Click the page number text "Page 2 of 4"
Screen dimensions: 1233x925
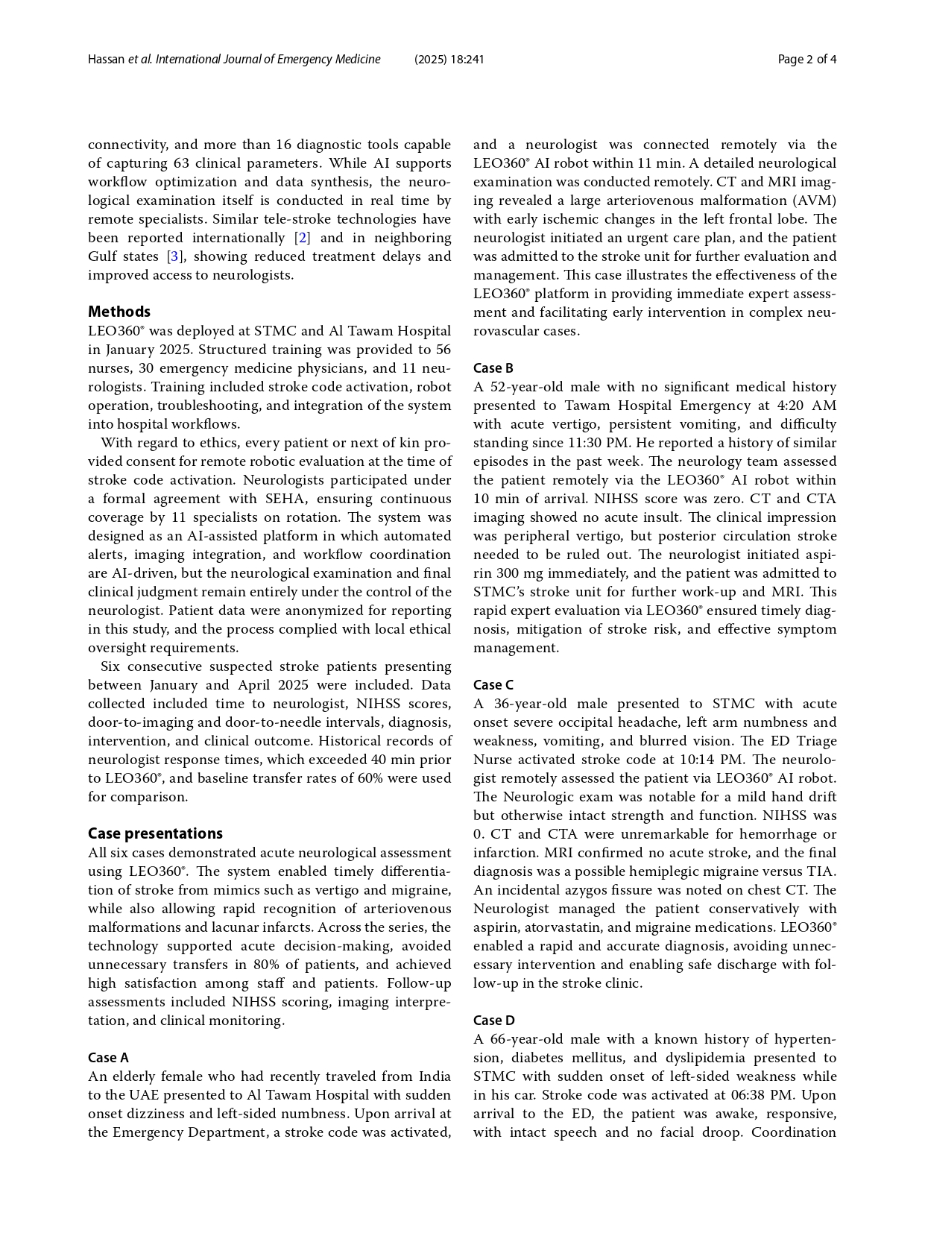click(x=806, y=60)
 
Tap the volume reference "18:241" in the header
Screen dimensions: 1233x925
click(x=467, y=60)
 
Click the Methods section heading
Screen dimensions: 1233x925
click(x=119, y=312)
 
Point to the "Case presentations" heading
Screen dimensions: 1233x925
click(x=155, y=833)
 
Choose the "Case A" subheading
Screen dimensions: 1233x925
click(x=108, y=1057)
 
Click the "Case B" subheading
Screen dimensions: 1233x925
click(x=493, y=368)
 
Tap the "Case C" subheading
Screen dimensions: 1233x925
click(x=493, y=684)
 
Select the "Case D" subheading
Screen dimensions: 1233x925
click(x=493, y=1020)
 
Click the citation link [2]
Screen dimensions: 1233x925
click(x=303, y=238)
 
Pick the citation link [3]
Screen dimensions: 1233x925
click(x=174, y=256)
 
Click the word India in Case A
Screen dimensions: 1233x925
click(x=435, y=1076)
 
